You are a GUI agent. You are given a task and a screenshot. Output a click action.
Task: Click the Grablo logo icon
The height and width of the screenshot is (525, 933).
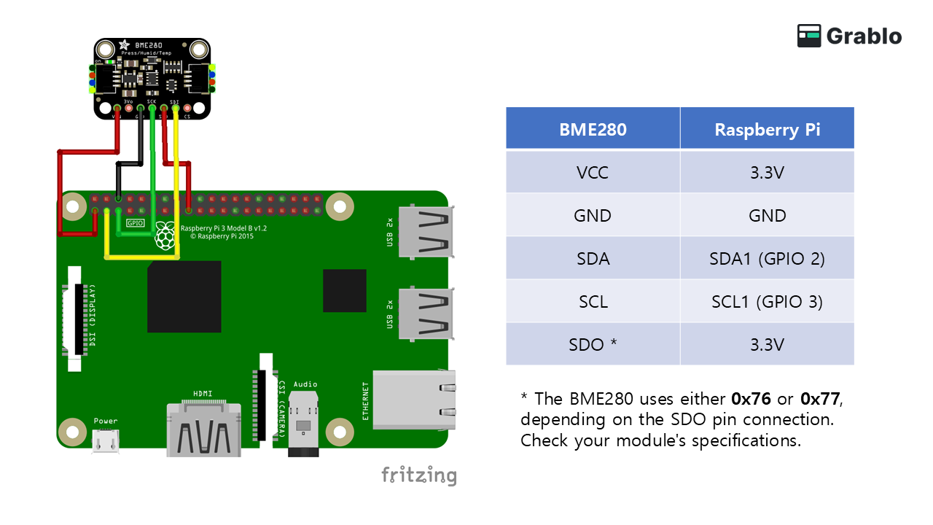point(809,36)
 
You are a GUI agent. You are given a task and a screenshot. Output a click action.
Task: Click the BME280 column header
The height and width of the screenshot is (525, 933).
point(593,129)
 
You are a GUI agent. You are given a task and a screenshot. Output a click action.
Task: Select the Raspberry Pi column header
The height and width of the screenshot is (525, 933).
point(767,129)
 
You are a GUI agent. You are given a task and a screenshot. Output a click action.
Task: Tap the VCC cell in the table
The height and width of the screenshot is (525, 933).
point(593,173)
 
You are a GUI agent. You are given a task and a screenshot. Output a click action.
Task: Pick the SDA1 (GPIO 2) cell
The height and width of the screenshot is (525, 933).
point(767,258)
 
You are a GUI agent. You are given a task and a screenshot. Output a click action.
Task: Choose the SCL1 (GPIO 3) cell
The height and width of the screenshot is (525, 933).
point(767,301)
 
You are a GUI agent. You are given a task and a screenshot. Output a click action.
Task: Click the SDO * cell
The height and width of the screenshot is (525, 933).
point(593,344)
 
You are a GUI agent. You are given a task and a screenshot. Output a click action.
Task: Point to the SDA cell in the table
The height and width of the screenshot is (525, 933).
point(593,258)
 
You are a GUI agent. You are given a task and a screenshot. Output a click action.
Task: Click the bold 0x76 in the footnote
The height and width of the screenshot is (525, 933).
point(751,399)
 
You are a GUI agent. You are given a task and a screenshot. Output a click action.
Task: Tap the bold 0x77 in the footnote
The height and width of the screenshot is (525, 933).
point(820,399)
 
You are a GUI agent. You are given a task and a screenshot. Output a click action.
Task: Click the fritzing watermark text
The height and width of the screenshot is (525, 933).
point(419,476)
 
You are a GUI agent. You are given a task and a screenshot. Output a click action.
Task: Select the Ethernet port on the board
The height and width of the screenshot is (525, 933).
point(414,398)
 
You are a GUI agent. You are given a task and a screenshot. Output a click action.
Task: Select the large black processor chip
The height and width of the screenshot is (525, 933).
point(184,297)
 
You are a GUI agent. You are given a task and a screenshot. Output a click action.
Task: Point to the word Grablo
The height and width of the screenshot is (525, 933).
point(864,36)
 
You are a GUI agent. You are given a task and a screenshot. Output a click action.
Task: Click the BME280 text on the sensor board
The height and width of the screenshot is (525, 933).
point(148,45)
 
